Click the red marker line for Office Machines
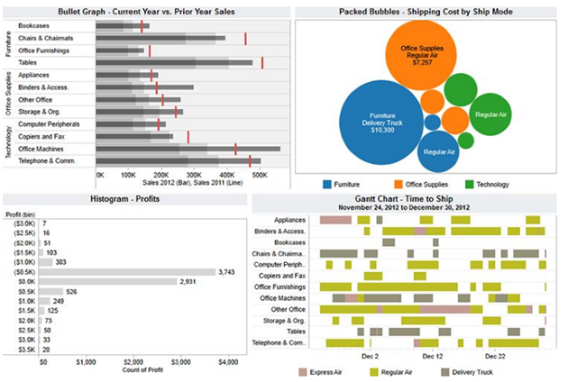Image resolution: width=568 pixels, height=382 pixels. click(x=235, y=149)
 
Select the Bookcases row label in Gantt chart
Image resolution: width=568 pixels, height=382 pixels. click(x=289, y=242)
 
